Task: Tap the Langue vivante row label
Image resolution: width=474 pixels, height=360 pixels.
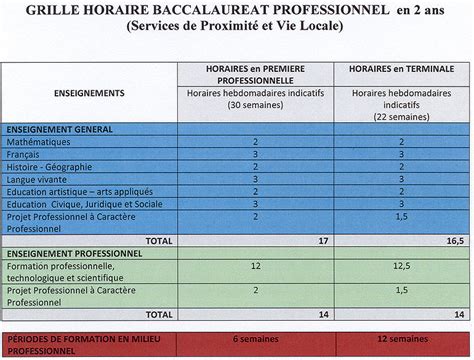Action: (x=37, y=179)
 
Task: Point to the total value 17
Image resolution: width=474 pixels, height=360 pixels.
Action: (x=324, y=241)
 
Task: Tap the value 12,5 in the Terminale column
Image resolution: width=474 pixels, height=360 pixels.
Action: (x=400, y=266)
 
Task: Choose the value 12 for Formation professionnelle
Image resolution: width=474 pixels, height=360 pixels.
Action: (x=256, y=266)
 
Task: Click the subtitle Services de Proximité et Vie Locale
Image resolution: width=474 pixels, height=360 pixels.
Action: (x=235, y=27)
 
